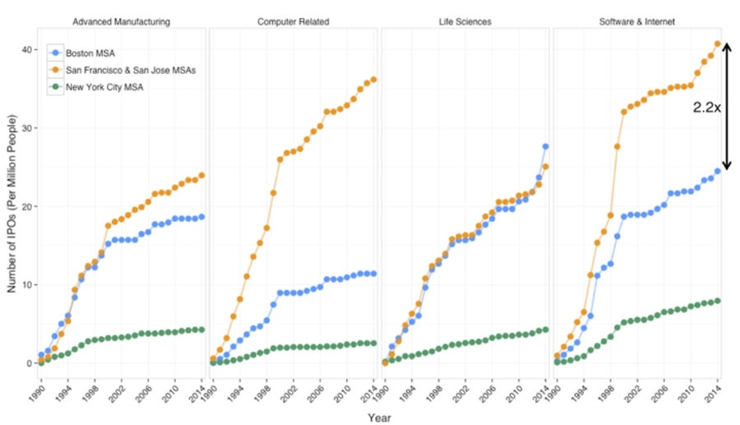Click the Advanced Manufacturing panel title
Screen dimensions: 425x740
click(121, 21)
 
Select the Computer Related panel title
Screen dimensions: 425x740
click(293, 21)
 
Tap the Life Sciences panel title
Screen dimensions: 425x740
click(465, 21)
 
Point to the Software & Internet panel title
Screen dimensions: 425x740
click(637, 21)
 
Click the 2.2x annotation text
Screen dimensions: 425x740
click(706, 107)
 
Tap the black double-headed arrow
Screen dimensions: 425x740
click(726, 107)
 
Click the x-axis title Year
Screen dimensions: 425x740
click(379, 418)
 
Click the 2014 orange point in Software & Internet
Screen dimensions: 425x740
click(718, 44)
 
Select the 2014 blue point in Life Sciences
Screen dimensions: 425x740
click(545, 146)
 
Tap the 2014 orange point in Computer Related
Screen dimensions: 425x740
click(373, 80)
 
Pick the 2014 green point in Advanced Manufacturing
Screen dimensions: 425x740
click(201, 330)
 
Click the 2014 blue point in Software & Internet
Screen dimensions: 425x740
click(718, 171)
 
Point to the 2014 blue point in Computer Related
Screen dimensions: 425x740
click(373, 273)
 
